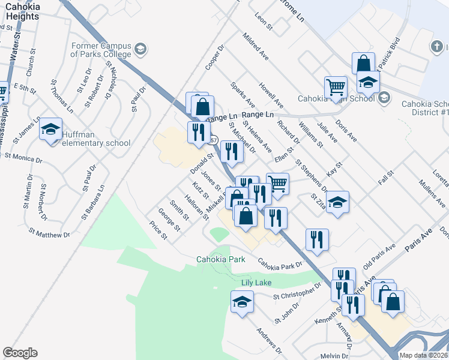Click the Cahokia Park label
[x=221, y=259]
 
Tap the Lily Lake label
[x=256, y=283]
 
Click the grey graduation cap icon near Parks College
[x=140, y=49]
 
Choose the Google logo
[x=20, y=353]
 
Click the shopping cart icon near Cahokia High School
[x=336, y=86]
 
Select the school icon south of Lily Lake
[x=242, y=301]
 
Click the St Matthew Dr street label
[x=49, y=232]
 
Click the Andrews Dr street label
[x=269, y=340]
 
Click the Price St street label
[x=158, y=231]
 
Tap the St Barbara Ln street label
[x=94, y=202]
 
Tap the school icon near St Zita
[x=338, y=202]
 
